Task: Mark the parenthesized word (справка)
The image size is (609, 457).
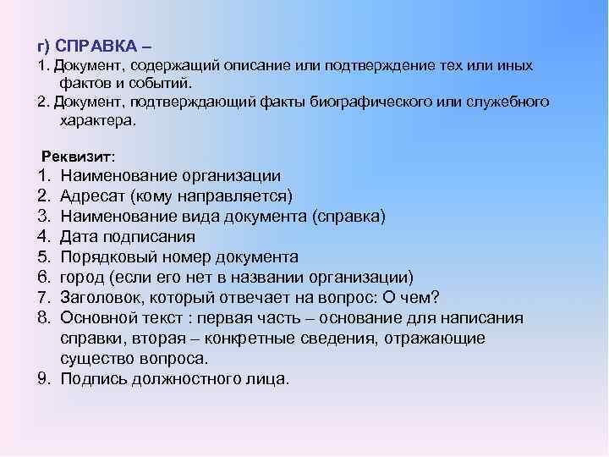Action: click(348, 217)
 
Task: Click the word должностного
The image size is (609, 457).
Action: click(192, 379)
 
